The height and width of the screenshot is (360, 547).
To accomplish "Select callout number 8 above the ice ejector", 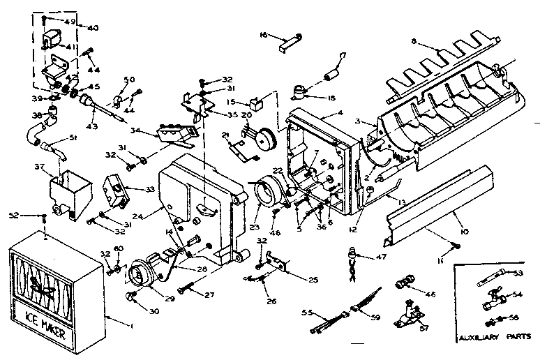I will (x=414, y=42).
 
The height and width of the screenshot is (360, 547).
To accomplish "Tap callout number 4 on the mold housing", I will (x=340, y=113).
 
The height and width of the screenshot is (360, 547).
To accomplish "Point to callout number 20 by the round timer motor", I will (x=247, y=116).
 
